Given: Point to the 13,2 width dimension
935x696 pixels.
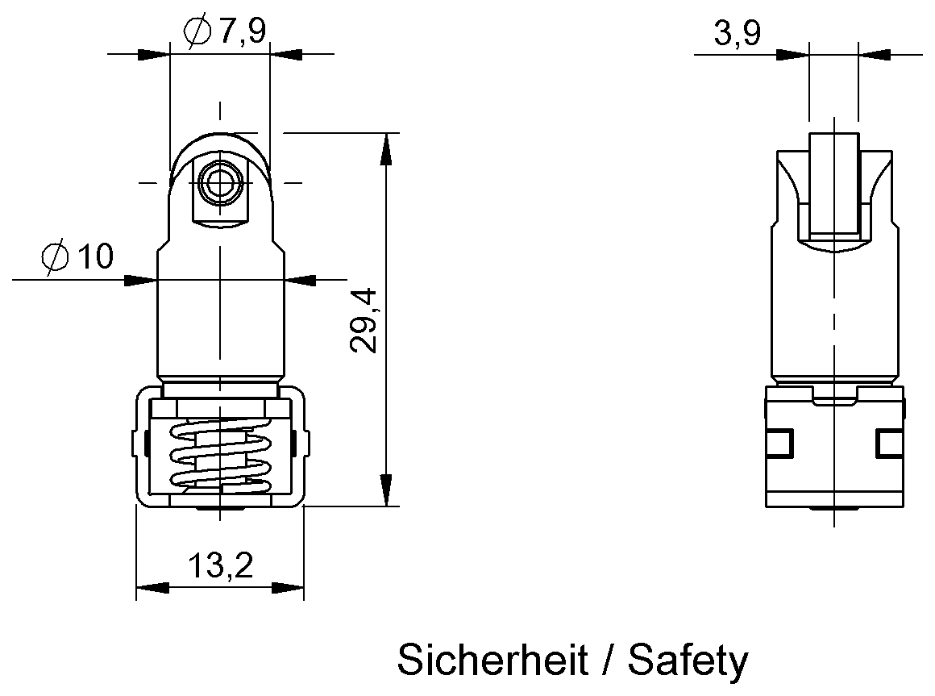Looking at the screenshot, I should [220, 566].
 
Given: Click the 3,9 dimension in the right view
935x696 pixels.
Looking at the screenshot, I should [736, 34].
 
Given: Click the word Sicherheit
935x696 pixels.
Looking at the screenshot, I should [492, 661].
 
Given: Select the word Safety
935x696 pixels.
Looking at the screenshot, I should [688, 661].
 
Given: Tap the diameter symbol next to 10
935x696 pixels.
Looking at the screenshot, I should [59, 258].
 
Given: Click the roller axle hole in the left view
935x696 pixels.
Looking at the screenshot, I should [218, 183].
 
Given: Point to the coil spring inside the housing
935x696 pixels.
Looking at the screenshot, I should [218, 456].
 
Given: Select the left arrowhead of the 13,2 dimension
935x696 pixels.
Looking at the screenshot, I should [152, 587].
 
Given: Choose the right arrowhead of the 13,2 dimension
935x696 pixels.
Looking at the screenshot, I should [287, 587].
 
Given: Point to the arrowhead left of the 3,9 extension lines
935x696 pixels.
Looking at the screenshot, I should [791, 54].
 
